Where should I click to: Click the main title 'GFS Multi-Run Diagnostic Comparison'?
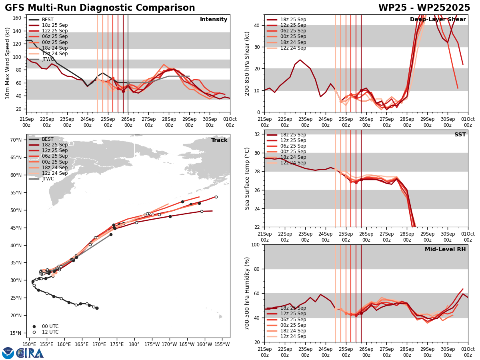pos(100,8)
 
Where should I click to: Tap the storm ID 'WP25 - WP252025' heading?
pos(424,8)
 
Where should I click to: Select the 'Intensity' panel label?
pos(214,20)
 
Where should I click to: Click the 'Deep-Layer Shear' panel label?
pos(438,20)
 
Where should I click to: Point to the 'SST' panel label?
pos(460,135)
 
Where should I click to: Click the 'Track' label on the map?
pos(219,140)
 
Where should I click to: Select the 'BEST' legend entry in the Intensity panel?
pos(48,20)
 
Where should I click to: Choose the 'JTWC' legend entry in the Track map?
pos(48,179)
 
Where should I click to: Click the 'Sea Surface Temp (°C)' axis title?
pos(247,178)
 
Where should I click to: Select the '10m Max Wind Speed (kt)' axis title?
pos(7,63)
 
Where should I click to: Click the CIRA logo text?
pos(30,353)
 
